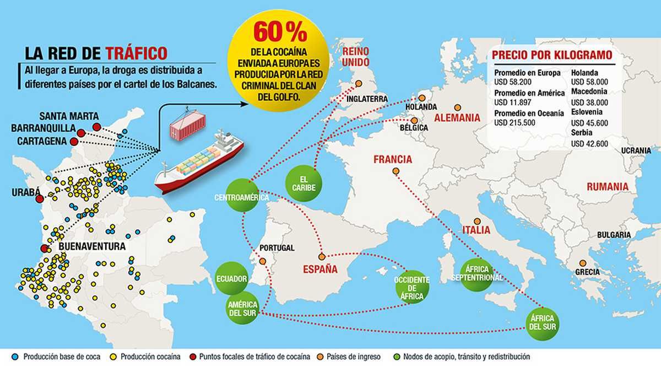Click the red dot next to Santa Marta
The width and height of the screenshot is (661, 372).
point(97,127)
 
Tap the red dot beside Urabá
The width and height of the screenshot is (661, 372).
point(39,199)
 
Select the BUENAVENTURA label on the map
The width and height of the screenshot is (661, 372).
point(92,246)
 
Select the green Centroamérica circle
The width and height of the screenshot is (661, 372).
point(241,197)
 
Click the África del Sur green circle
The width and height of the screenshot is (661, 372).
point(542,322)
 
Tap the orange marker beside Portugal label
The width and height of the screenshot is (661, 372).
point(263,261)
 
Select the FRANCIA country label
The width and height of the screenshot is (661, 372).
point(392,160)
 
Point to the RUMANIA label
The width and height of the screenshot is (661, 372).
point(607,187)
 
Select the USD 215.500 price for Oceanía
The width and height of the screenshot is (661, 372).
point(515,122)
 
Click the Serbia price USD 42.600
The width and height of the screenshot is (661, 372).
point(590,144)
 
